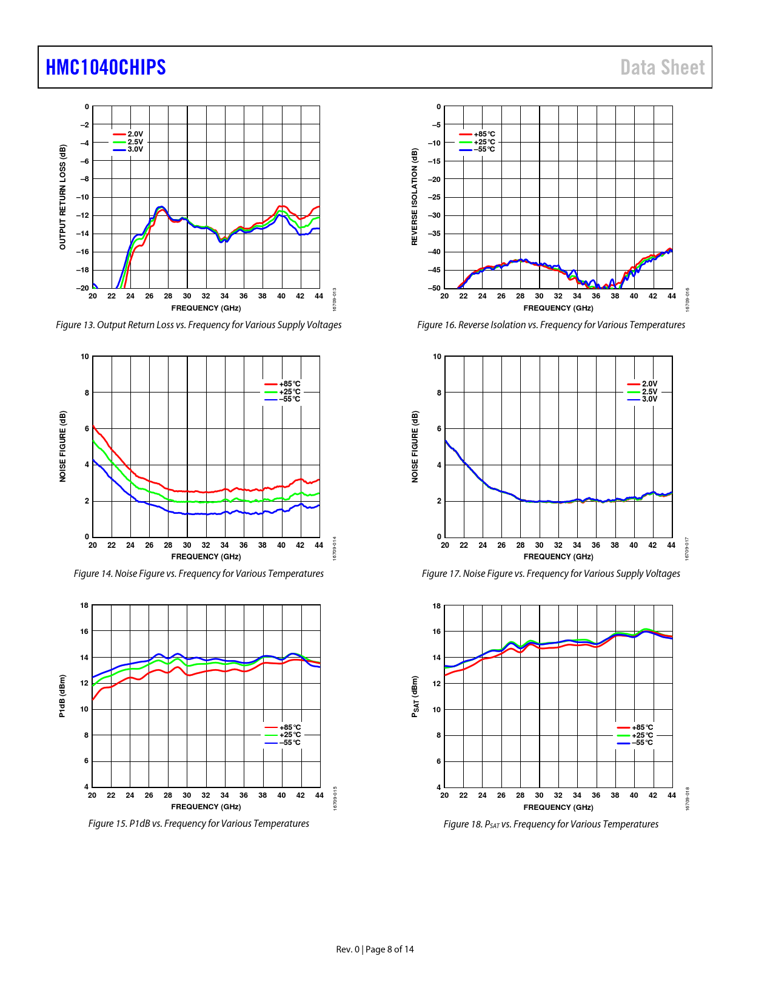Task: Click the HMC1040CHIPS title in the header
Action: click(106, 67)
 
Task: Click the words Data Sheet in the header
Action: click(662, 67)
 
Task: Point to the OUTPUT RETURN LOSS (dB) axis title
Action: click(62, 197)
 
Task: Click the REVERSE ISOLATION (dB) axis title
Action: click(415, 197)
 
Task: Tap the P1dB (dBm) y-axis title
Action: click(62, 696)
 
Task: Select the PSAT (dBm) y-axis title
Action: click(415, 696)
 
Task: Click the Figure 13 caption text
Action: click(199, 325)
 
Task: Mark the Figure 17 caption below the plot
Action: click(550, 574)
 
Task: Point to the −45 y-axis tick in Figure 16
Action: click(434, 270)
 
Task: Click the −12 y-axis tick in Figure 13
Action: click(82, 215)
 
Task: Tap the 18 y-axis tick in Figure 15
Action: click(84, 605)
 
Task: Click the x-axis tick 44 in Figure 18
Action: click(671, 795)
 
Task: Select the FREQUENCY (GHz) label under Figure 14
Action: click(206, 557)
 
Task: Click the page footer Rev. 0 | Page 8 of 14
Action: click(375, 949)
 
